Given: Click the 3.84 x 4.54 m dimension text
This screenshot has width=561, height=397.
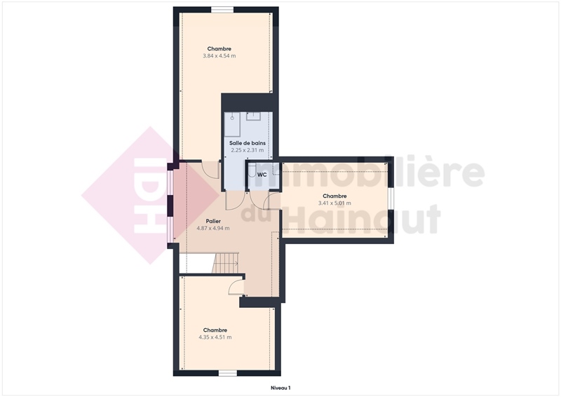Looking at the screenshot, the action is pyautogui.click(x=219, y=56).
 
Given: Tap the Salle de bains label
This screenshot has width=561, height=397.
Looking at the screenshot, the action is pyautogui.click(x=248, y=143).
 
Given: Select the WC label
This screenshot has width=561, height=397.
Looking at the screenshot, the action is pyautogui.click(x=262, y=175).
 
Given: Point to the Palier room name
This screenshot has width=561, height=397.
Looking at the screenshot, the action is pyautogui.click(x=213, y=221).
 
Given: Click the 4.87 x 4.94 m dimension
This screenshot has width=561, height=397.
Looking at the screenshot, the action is pyautogui.click(x=213, y=228).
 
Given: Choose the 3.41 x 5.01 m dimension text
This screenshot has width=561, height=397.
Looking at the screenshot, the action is pyautogui.click(x=334, y=203).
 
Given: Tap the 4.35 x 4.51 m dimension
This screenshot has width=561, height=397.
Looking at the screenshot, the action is pyautogui.click(x=215, y=337).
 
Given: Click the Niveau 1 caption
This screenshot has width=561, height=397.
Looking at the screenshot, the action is pyautogui.click(x=280, y=388).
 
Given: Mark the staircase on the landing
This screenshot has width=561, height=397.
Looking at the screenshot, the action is pyautogui.click(x=225, y=264).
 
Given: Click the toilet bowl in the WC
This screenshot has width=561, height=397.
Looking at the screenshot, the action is pyautogui.click(x=252, y=170).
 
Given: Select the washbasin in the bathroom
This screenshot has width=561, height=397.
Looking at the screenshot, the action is pyautogui.click(x=253, y=116).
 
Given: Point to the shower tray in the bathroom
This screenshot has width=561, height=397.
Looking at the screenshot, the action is pyautogui.click(x=232, y=124).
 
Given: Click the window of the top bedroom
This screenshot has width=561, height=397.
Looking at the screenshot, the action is pyautogui.click(x=222, y=10).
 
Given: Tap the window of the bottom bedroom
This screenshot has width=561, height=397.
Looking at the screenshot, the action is pyautogui.click(x=228, y=373).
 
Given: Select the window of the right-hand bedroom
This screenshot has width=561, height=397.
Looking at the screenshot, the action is pyautogui.click(x=391, y=198).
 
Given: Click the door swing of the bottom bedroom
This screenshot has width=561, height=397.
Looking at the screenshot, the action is pyautogui.click(x=236, y=287).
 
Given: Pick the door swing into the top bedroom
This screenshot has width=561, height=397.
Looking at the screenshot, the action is pyautogui.click(x=210, y=170).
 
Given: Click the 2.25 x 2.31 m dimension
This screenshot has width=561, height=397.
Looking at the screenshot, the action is pyautogui.click(x=248, y=150).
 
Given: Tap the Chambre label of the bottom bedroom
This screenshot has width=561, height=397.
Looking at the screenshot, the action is pyautogui.click(x=215, y=330).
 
